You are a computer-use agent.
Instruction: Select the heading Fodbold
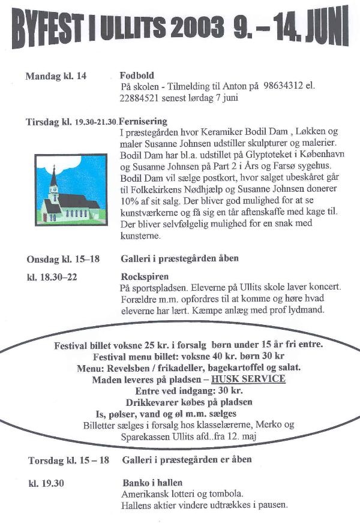pyautogui.click(x=137, y=76)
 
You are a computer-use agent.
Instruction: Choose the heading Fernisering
pyautogui.click(x=143, y=121)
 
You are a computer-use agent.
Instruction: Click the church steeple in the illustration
pyautogui.click(x=53, y=180)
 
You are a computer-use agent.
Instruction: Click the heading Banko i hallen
pyautogui.click(x=152, y=482)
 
